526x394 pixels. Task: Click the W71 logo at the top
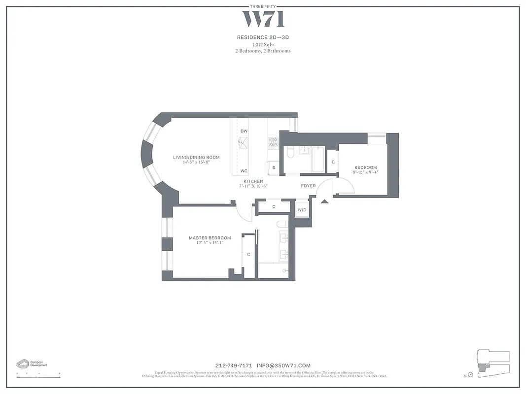[263, 19]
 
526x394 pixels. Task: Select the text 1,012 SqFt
[263, 44]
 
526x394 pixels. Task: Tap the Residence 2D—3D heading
[263, 37]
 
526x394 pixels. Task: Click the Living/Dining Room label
[196, 158]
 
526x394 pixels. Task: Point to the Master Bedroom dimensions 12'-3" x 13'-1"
[210, 243]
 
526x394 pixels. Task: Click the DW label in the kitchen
[244, 131]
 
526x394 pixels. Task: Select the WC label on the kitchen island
[244, 171]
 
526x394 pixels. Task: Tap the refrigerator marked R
[274, 168]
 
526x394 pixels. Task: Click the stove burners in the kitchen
[273, 143]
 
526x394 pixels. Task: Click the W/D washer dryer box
[302, 210]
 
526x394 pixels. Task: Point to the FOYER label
[309, 186]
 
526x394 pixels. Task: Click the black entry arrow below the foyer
[324, 200]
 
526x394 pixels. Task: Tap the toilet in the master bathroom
[282, 225]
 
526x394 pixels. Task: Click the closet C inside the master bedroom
[248, 254]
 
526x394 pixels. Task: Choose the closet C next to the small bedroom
[333, 162]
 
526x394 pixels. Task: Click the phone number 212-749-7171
[234, 365]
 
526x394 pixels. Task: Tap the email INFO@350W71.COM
[283, 365]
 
